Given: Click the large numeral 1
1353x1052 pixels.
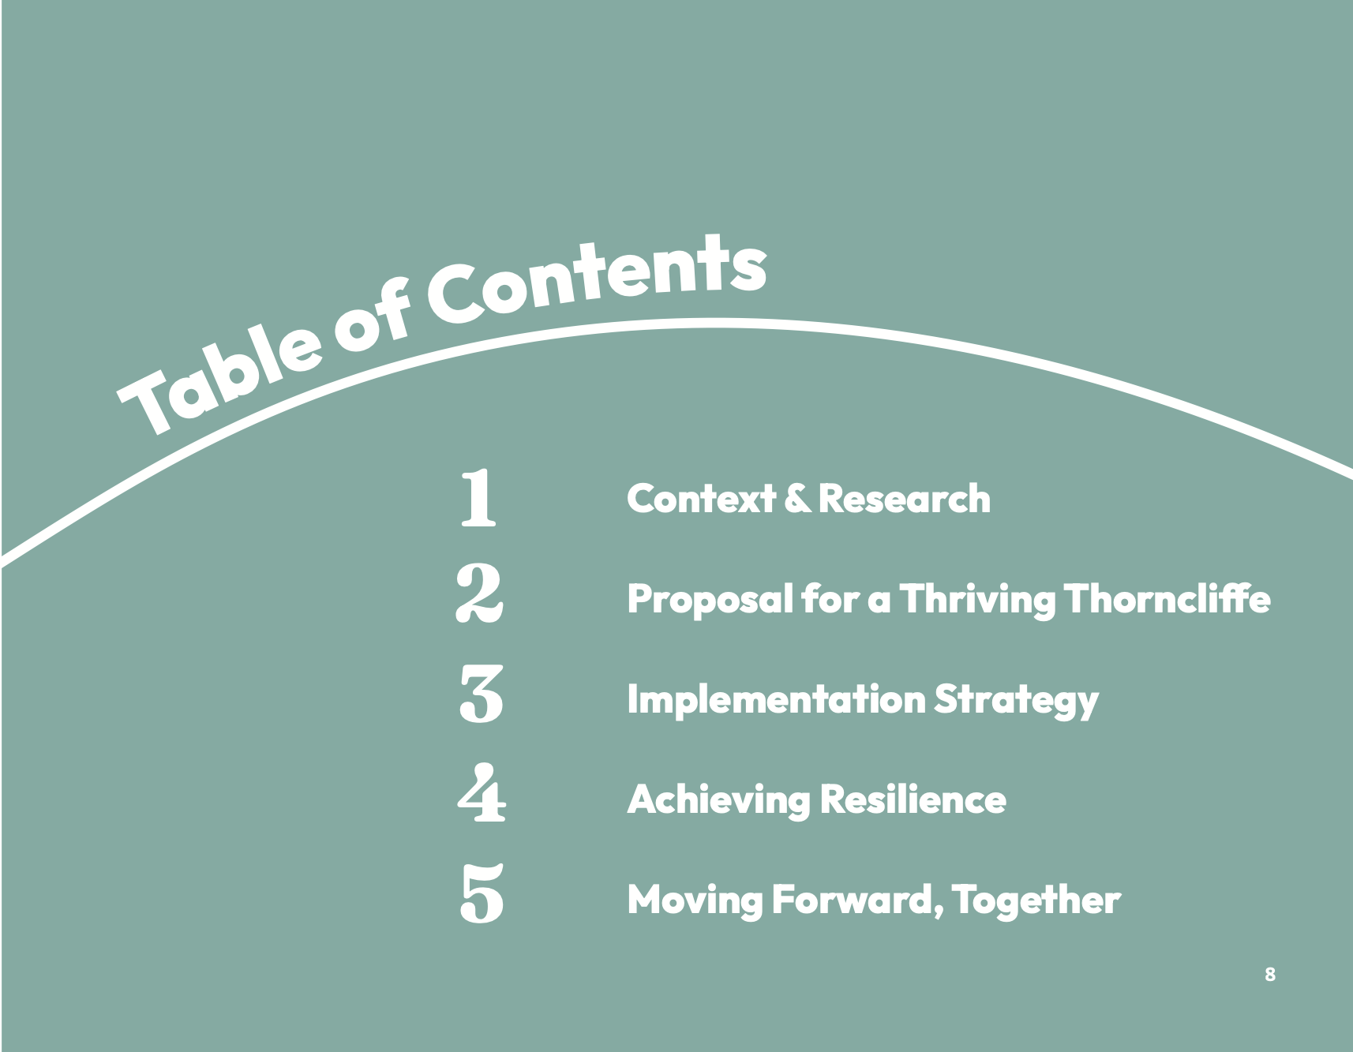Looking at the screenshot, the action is click(x=478, y=497).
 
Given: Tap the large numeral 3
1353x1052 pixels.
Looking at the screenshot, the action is click(x=481, y=694).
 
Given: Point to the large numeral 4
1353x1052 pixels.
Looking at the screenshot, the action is click(x=482, y=794).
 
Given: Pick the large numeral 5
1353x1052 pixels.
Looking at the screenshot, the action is click(x=482, y=893).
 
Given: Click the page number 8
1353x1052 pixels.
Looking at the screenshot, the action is click(x=1269, y=974).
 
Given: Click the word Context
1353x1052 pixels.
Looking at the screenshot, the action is click(x=701, y=499).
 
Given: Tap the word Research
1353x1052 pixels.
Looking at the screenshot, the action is click(x=905, y=499).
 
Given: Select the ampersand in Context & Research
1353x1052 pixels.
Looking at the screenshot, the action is click(x=797, y=499).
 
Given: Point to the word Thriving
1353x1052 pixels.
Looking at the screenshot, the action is click(x=977, y=601).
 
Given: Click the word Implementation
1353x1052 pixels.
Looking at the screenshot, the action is click(x=776, y=701).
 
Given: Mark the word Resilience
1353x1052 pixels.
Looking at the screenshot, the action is click(x=913, y=799).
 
